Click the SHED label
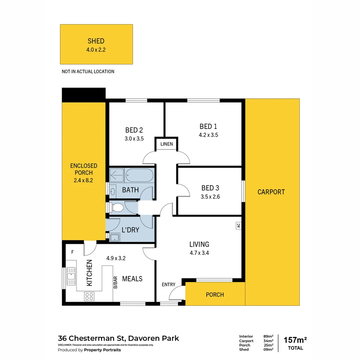[96, 41]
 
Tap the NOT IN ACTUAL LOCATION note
[88, 71]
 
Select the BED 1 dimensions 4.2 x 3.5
[208, 135]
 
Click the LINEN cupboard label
[167, 144]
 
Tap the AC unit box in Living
[238, 225]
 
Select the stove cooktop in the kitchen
[89, 296]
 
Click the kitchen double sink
[71, 276]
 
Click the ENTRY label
[168, 284]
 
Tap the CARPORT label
[271, 192]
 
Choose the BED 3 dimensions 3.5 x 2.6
[210, 197]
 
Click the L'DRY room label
[130, 230]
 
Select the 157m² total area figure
[295, 340]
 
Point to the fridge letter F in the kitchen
[72, 252]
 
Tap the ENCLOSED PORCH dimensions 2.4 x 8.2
[84, 180]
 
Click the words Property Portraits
[102, 350]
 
